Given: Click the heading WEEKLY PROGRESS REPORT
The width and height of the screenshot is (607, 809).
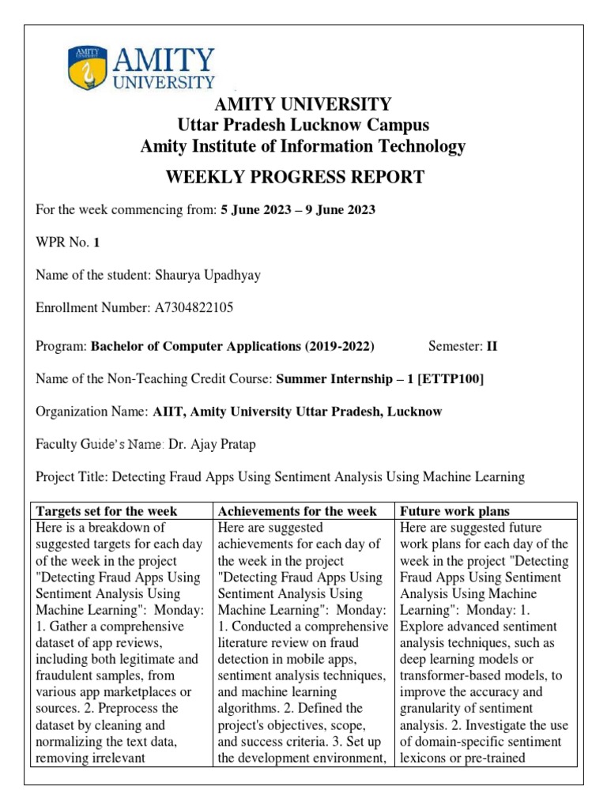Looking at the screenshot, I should point(294,177).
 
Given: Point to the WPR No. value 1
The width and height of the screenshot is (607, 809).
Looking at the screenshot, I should point(96,243).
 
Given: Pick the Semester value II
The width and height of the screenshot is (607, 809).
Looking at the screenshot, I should point(492,346).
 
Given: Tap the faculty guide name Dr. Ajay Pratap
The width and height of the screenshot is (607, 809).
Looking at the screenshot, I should point(213,444).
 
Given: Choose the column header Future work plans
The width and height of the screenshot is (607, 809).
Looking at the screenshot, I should point(455,511).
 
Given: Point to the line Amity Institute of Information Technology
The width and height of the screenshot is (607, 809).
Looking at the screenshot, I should point(303,146).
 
